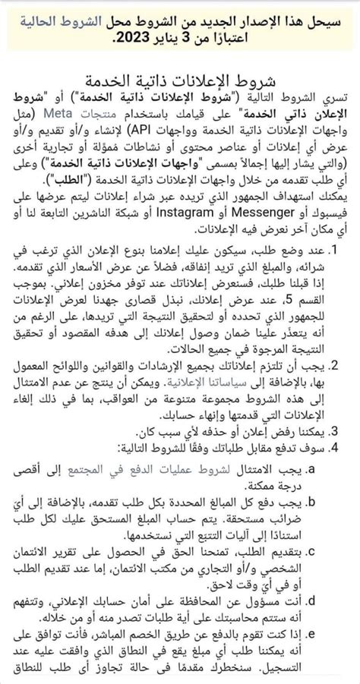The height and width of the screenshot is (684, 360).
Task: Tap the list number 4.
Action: [353, 448]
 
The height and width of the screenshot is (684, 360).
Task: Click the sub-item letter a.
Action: [352, 470]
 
